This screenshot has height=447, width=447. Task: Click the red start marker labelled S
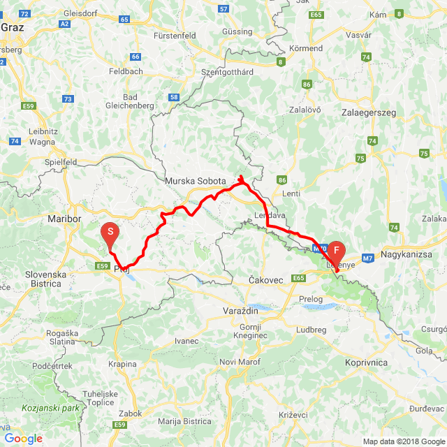[x=110, y=233]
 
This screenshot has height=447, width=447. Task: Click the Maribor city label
[x=65, y=219]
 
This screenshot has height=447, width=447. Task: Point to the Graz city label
[x=13, y=28]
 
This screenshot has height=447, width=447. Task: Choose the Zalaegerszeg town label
[x=368, y=112]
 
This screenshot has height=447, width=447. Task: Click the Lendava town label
[x=270, y=215]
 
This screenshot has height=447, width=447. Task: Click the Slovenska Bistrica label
[x=45, y=279]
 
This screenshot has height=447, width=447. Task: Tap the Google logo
[x=23, y=438]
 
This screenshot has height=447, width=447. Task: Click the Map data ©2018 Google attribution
[x=402, y=441]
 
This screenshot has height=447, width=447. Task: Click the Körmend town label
[x=307, y=48]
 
